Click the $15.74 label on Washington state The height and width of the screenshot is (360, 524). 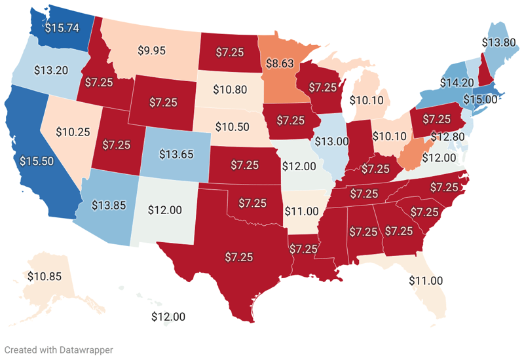pos(61,27)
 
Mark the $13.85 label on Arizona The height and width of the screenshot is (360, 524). pos(109,206)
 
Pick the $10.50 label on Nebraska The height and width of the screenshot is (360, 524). pos(232,126)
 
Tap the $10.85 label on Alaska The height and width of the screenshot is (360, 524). pos(44,276)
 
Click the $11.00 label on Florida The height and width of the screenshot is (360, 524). pos(426,280)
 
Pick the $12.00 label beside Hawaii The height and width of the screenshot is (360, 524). pos(168,316)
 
